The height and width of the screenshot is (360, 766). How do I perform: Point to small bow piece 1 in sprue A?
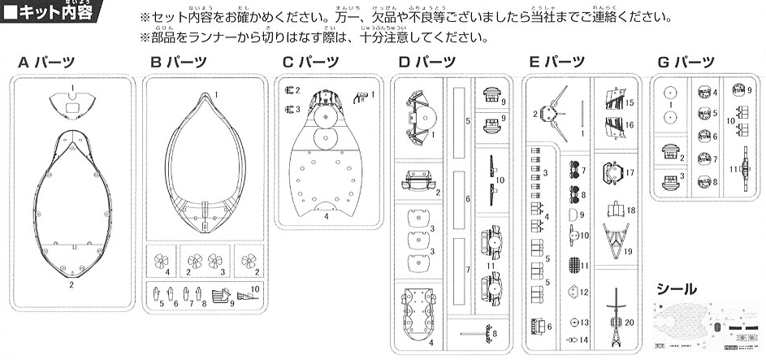[72, 104]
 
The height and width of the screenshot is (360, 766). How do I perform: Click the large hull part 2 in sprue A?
[72, 203]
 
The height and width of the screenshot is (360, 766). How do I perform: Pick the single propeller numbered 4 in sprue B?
[160, 261]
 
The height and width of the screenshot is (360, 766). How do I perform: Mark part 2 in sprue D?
[418, 181]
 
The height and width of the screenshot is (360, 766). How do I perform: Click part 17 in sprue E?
[616, 171]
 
